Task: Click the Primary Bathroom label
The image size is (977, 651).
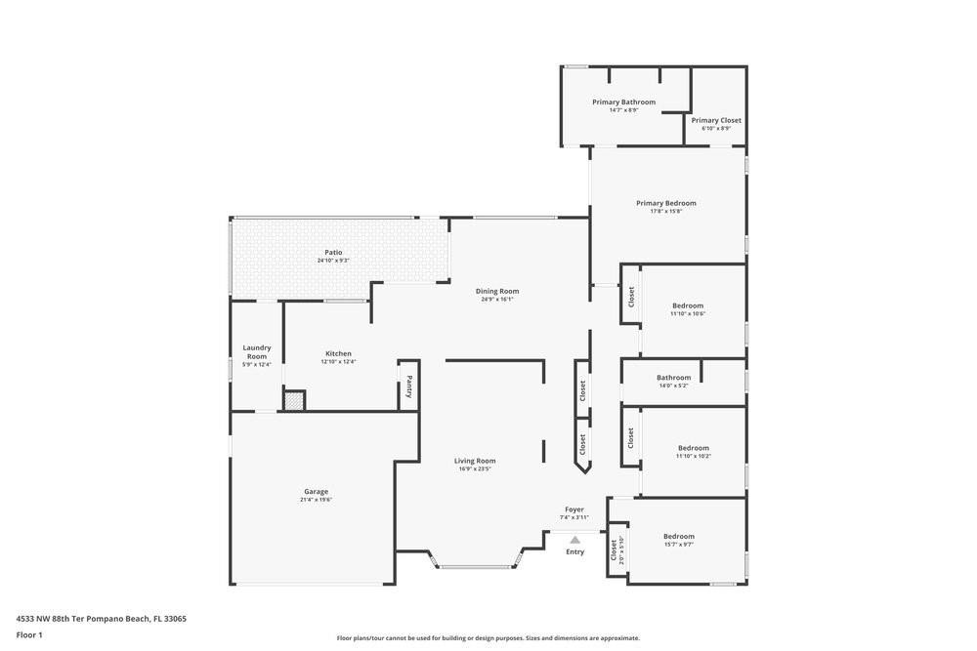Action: [x=623, y=102]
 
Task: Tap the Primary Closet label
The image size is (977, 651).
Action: [x=716, y=120]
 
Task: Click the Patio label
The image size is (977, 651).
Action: [x=333, y=252]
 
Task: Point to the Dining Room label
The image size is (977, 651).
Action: [x=497, y=291]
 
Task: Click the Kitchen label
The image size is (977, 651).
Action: [x=338, y=353]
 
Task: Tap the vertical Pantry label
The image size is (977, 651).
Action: [x=409, y=387]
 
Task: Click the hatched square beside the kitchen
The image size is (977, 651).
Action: [x=294, y=400]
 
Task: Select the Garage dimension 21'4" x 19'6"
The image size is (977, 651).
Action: [x=316, y=500]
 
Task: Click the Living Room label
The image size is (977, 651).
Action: [x=475, y=461]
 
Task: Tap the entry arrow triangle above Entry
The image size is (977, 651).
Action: [x=574, y=539]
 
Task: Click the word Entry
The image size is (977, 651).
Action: [x=574, y=551]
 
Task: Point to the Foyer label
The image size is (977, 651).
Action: [x=574, y=509]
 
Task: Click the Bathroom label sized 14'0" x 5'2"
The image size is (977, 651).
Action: [x=673, y=378]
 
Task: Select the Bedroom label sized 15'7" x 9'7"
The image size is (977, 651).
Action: [x=679, y=536]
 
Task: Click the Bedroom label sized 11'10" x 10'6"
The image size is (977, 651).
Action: [x=688, y=305]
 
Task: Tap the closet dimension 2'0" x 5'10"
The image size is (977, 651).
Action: [x=622, y=551]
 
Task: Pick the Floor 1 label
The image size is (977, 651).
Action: [x=29, y=634]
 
